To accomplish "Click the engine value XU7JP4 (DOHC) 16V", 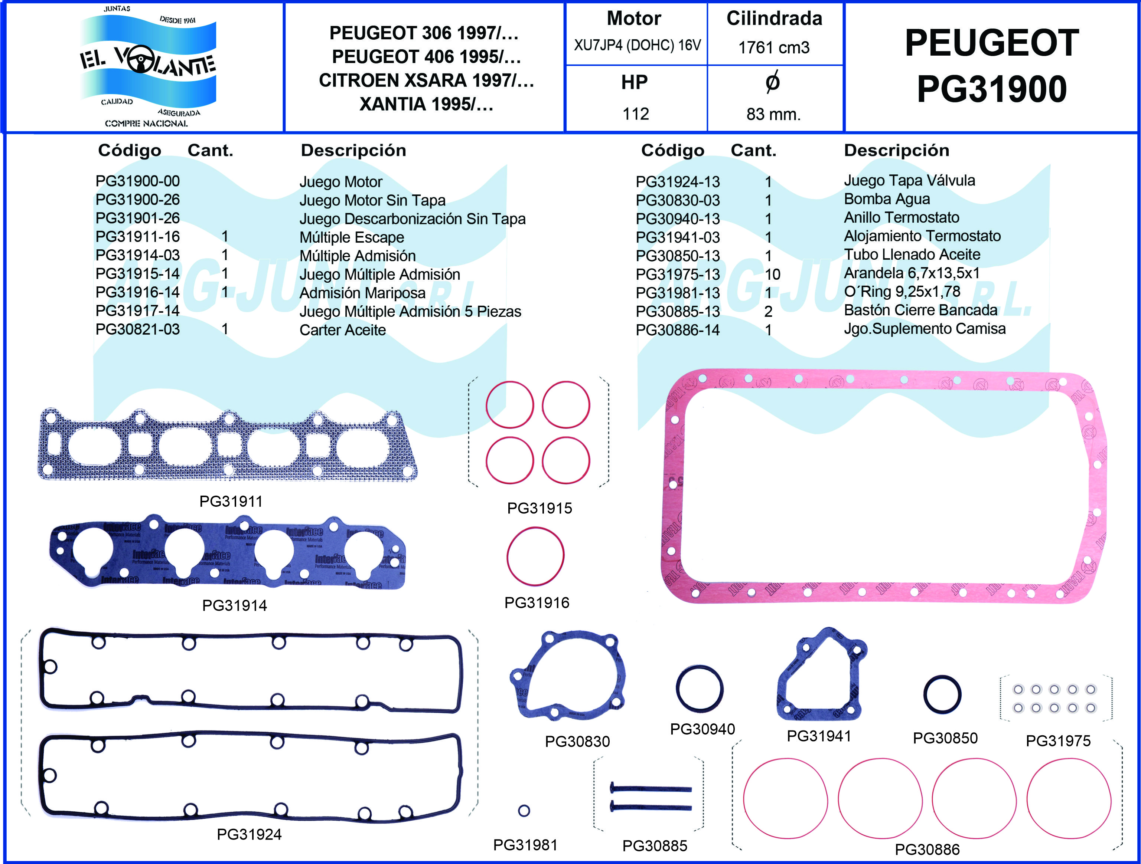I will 637,45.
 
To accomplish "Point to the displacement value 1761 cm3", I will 774,47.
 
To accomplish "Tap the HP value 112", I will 636,114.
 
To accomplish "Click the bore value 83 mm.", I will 773,114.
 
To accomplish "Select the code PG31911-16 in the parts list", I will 137,237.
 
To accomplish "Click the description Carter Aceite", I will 342,330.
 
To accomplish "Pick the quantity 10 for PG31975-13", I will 772,274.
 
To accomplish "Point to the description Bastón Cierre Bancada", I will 920,310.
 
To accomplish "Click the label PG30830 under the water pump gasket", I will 577,741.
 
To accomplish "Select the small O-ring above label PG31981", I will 524,810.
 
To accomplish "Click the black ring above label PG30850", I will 942,695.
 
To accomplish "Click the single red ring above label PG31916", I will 535,556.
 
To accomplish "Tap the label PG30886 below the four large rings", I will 927,849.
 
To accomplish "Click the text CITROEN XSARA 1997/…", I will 426,81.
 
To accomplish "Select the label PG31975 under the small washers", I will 1058,741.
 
